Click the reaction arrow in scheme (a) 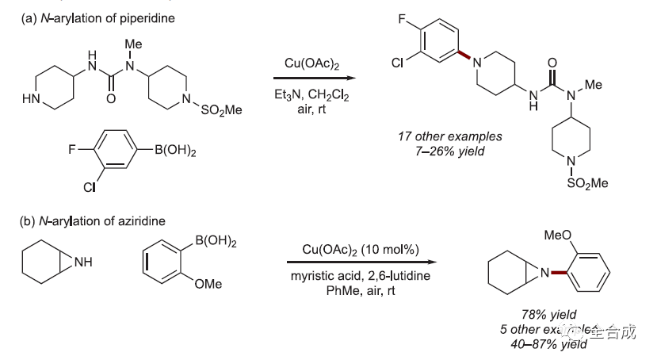[312, 79]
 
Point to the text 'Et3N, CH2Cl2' [311, 94]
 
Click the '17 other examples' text [449, 136]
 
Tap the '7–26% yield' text [449, 151]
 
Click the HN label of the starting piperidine [30, 100]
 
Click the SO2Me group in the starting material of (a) [220, 111]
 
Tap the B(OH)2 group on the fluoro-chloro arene [170, 150]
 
